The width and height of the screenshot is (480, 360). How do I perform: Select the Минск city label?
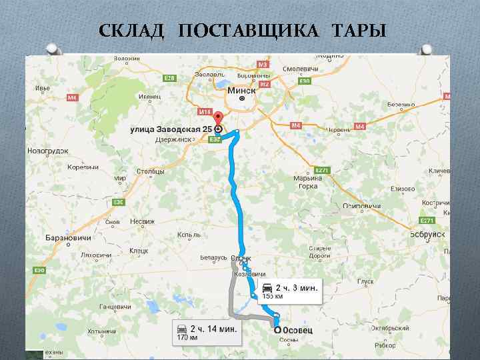pos(241,90)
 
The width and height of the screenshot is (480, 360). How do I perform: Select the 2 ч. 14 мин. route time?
pos(216,329)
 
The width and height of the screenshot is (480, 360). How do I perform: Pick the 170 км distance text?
pos(185,338)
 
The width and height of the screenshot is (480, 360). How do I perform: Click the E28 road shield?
pos(169,78)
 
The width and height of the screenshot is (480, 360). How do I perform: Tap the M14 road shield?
pos(205,111)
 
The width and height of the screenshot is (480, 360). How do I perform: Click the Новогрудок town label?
pos(47,151)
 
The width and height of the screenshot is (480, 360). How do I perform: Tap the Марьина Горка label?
pos(308,181)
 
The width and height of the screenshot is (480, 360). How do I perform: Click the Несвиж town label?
pos(142,221)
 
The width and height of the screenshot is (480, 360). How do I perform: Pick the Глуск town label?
pos(365,282)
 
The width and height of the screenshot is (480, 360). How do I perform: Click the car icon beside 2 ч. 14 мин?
pos(181,328)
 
